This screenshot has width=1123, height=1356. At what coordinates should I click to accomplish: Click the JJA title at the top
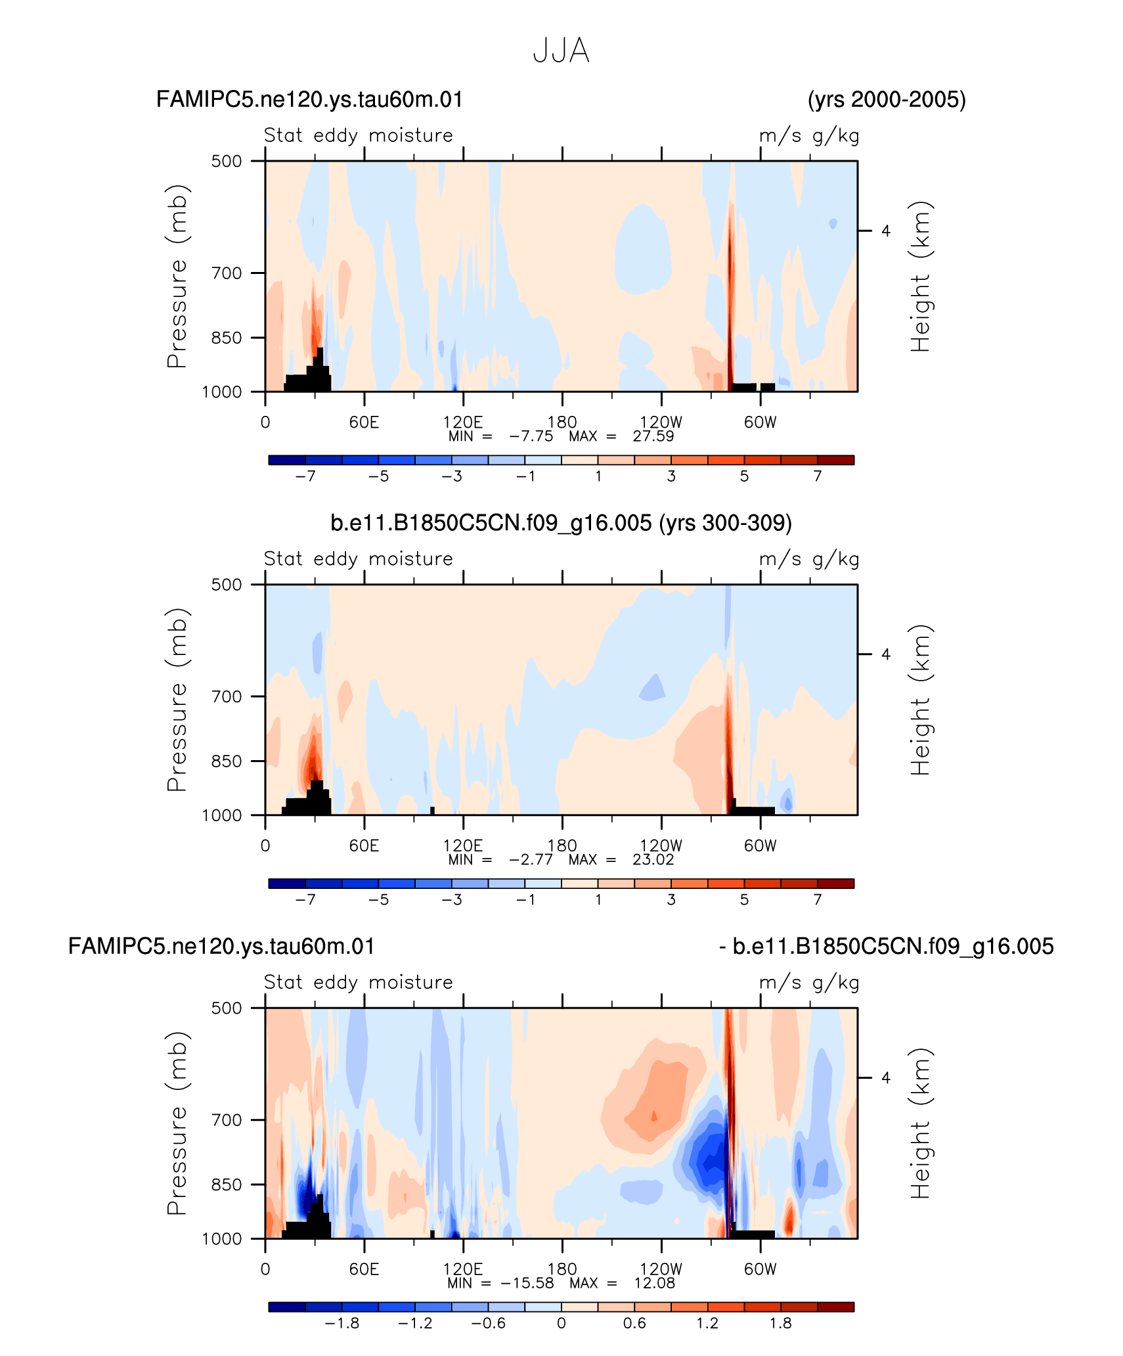561,51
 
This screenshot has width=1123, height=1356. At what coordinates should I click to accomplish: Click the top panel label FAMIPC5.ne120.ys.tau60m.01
309,99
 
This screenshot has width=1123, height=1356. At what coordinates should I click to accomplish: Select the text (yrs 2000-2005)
887,99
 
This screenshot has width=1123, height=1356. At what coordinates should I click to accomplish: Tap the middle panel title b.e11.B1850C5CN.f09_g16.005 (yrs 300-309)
561,523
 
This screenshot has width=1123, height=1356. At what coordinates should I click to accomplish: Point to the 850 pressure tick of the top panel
227,338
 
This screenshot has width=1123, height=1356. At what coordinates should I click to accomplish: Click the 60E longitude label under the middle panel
364,846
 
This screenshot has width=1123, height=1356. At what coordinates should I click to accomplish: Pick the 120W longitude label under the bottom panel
661,1269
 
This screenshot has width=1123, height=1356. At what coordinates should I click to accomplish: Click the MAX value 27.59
653,436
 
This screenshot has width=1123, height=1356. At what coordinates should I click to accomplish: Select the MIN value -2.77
531,859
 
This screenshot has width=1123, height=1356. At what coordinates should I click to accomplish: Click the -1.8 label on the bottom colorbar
341,1322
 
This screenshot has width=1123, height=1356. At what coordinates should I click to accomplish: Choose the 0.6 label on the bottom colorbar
634,1322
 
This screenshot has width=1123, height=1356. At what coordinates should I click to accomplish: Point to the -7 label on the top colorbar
305,476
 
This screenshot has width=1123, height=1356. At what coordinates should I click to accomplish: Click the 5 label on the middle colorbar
744,899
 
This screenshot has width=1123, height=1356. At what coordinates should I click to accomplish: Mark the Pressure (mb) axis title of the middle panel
177,700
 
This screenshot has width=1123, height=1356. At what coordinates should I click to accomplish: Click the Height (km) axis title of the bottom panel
920,1123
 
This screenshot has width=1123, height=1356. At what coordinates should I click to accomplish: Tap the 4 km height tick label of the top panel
886,231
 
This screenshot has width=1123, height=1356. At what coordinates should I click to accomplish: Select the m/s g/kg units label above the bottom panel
809,982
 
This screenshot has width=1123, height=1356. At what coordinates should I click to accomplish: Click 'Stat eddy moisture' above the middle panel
359,558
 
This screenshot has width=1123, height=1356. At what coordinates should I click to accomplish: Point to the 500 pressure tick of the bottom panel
227,1008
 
